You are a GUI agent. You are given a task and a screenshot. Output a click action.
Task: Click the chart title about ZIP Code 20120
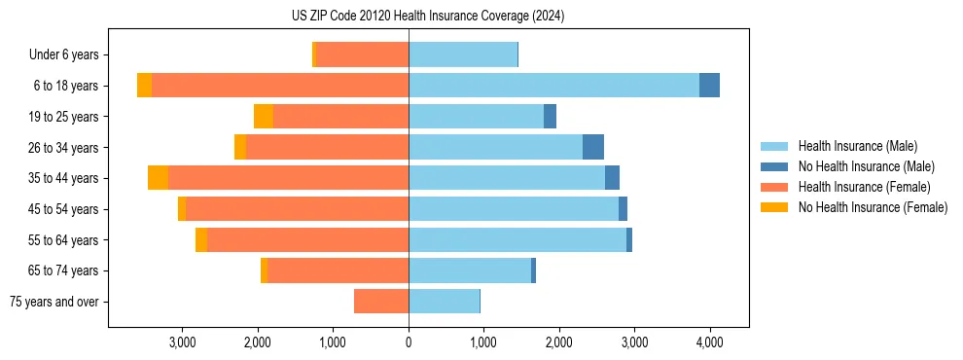tap(428, 17)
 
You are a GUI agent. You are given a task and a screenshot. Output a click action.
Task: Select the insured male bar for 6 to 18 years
tap(553, 86)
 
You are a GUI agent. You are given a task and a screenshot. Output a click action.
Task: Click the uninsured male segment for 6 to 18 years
tap(709, 86)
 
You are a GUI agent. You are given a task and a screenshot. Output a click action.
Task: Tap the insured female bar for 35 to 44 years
tap(288, 178)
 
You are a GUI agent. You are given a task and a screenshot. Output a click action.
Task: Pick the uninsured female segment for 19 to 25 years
tap(264, 117)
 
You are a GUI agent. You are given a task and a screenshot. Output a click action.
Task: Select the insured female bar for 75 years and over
tap(381, 302)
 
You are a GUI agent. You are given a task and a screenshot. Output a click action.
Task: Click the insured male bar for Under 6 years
tap(463, 55)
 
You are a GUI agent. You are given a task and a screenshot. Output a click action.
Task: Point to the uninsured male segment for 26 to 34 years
tap(593, 148)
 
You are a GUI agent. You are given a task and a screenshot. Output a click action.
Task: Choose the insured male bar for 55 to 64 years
tap(517, 240)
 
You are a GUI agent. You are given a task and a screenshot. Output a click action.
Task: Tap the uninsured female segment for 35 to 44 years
tap(158, 178)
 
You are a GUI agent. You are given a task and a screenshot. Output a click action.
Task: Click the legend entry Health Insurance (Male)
tap(856, 146)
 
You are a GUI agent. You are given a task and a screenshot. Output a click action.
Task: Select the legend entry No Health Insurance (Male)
tap(866, 166)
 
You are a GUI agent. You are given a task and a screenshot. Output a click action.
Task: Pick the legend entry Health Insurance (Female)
tap(863, 187)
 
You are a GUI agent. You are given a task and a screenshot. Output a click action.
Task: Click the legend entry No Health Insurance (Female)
tap(873, 207)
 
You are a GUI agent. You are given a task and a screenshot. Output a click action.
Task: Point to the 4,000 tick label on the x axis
tap(709, 342)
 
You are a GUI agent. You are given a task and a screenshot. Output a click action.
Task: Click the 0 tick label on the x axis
tap(409, 342)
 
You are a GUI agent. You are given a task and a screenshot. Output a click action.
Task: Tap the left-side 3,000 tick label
tap(183, 342)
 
